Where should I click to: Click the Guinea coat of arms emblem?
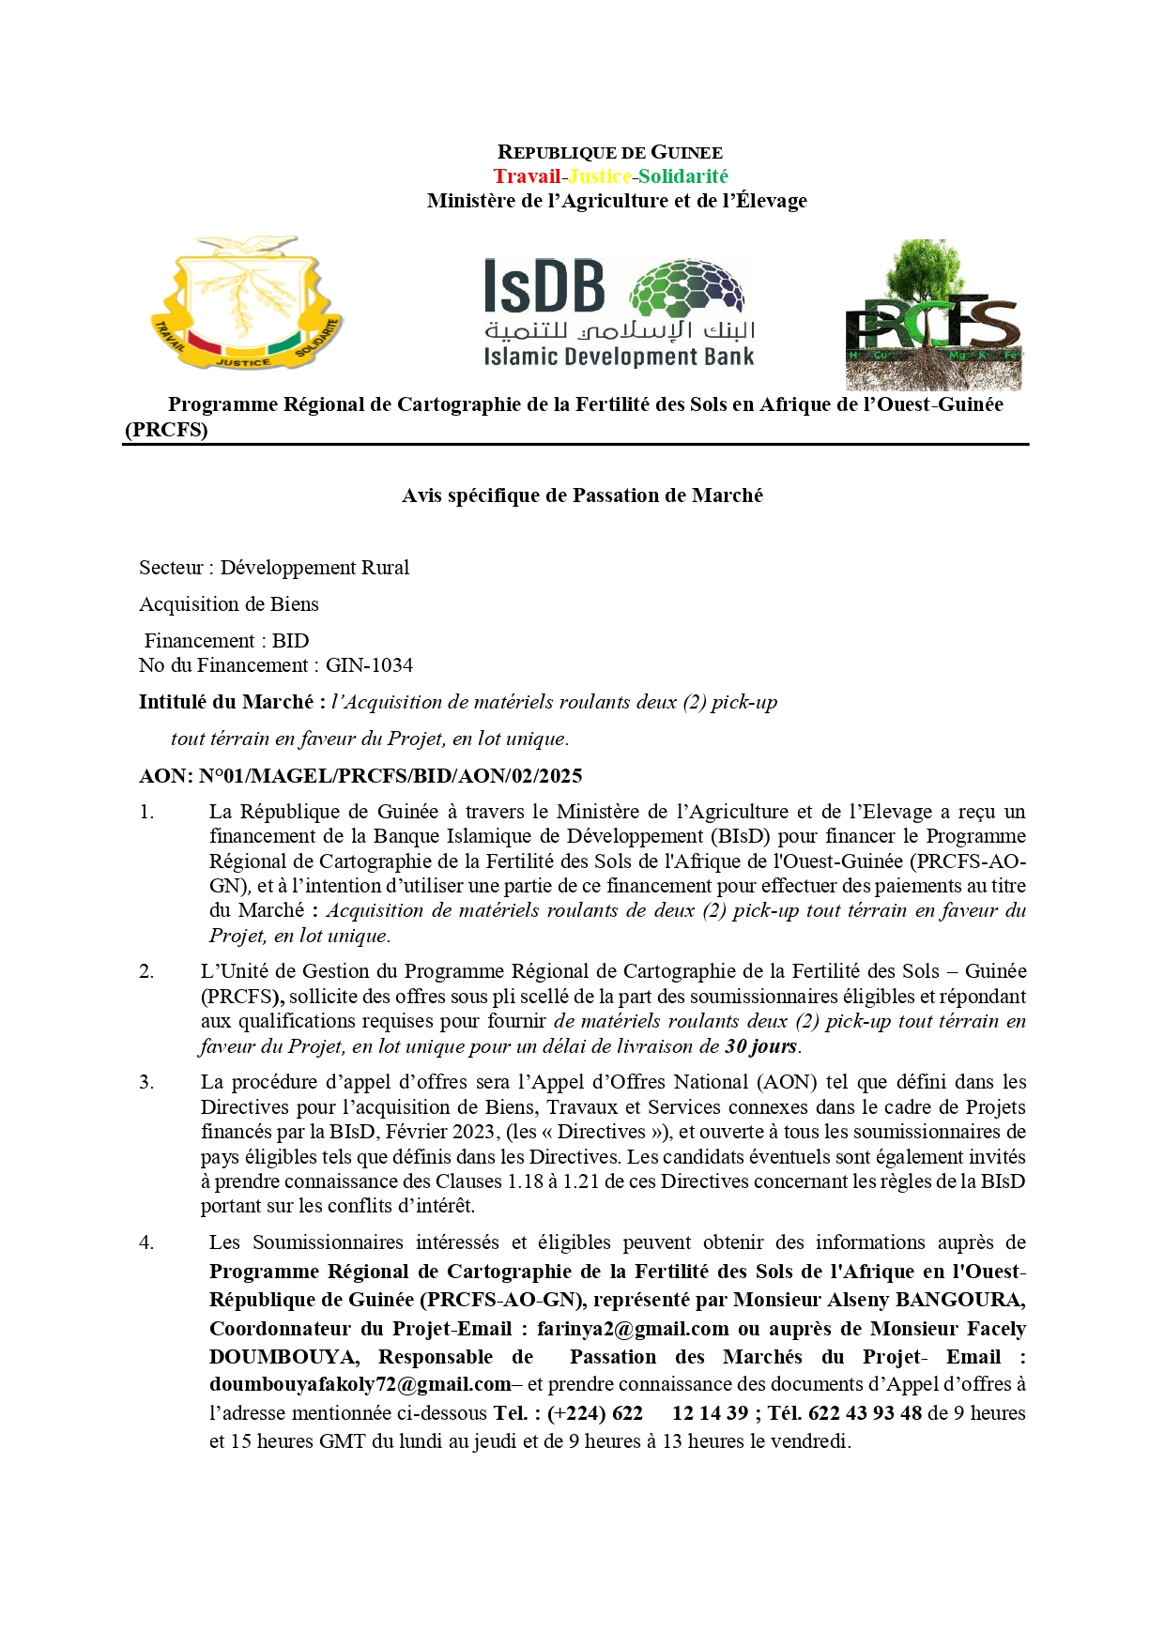click(247, 304)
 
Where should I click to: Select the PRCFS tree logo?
click(933, 315)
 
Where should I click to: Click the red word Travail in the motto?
click(527, 176)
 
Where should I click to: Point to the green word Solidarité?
click(683, 176)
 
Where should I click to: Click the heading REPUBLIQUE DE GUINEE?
click(609, 152)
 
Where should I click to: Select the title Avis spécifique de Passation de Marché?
click(582, 495)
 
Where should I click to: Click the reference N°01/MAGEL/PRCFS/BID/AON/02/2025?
click(390, 776)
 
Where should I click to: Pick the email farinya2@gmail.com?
click(633, 1329)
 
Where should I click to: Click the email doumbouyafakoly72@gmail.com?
click(360, 1384)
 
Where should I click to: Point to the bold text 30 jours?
click(761, 1046)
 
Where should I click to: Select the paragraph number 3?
click(146, 1082)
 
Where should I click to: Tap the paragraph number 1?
click(146, 812)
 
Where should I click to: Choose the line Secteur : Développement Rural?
click(274, 568)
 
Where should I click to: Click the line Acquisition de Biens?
click(229, 604)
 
